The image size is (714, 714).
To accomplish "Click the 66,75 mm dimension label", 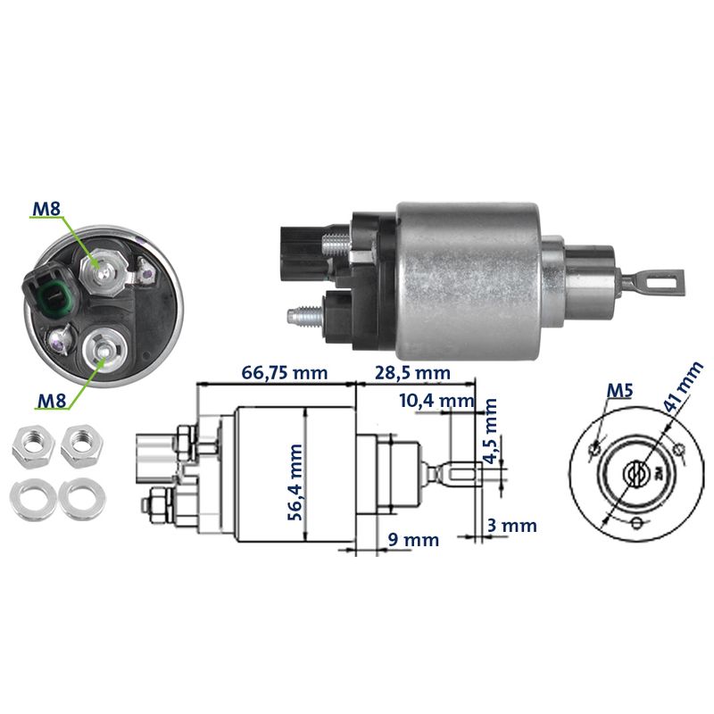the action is click(284, 372).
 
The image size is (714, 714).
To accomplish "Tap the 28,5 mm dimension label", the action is click(412, 372).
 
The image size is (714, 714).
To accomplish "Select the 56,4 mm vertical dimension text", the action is click(295, 482).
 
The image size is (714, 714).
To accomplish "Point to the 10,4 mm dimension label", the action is click(436, 401).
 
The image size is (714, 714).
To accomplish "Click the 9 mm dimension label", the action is click(414, 540).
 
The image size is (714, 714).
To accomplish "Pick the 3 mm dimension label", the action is click(511, 526).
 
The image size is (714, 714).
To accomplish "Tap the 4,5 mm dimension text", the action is click(490, 431).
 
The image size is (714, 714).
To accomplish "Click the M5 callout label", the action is click(620, 390).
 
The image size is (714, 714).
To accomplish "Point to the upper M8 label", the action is click(46, 209).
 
